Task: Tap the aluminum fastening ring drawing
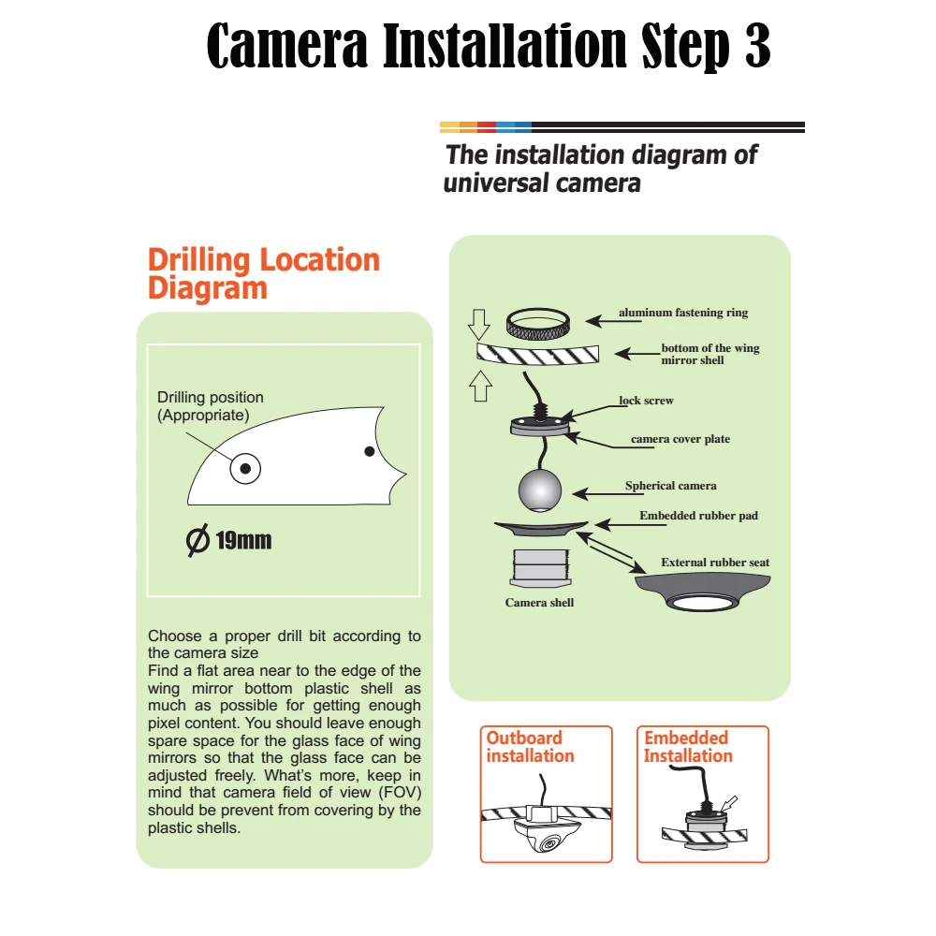538,325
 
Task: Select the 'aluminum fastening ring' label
683,313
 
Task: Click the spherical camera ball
540,490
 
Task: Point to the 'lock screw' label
646,401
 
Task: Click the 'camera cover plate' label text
680,439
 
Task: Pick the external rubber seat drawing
702,591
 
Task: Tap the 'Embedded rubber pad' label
698,515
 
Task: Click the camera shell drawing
541,568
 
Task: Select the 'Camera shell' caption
539,602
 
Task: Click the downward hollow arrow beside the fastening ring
478,325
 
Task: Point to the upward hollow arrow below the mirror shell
480,387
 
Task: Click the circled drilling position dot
245,469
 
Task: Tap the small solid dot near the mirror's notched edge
370,451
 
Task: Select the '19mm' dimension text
243,540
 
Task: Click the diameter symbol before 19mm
197,540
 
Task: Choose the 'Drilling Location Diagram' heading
263,273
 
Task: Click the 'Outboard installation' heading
530,747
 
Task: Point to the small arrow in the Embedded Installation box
729,803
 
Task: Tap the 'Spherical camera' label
670,485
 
